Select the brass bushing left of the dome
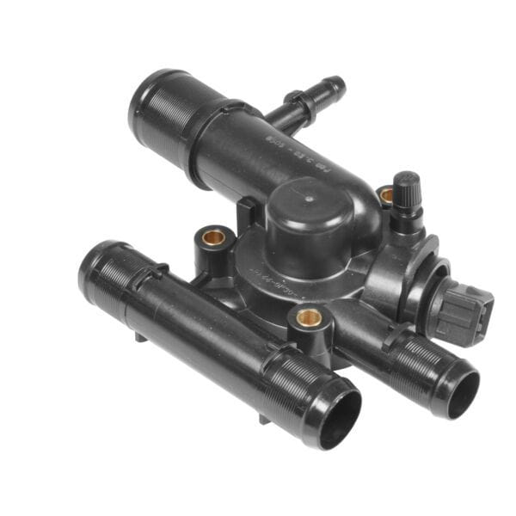pos(215,236)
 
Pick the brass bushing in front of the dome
pos(310,318)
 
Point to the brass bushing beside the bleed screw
pos(386,196)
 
